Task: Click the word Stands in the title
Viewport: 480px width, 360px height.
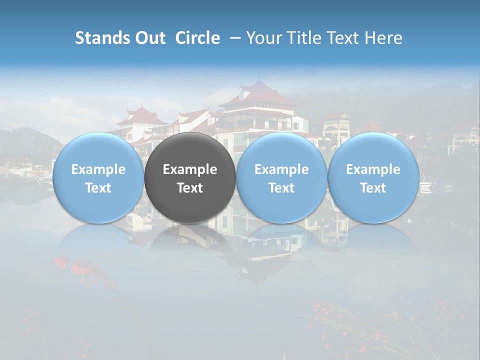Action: coord(100,38)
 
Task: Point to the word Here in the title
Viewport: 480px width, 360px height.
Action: coord(385,38)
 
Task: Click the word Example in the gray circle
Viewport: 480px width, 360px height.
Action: coord(190,169)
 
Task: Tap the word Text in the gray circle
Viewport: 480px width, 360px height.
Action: coord(190,188)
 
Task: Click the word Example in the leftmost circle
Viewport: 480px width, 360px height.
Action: coord(98,169)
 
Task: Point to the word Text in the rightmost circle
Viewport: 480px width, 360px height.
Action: coord(373,188)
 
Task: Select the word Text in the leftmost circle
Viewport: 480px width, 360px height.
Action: coord(98,188)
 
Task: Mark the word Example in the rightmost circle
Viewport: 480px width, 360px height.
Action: coord(373,169)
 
